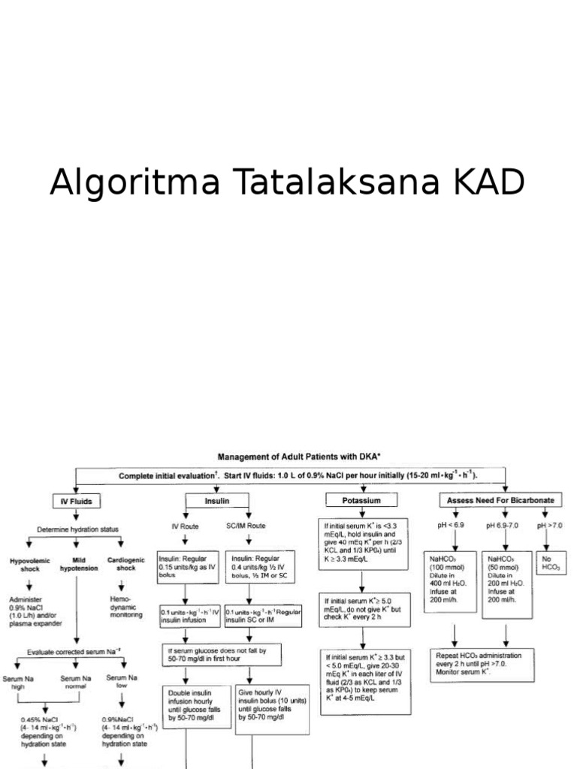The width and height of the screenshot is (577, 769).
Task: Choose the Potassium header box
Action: pyautogui.click(x=363, y=500)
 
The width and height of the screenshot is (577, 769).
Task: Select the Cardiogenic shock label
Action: pyautogui.click(x=122, y=565)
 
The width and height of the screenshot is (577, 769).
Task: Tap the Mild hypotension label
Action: pyautogui.click(x=76, y=565)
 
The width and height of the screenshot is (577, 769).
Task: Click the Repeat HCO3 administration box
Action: pyautogui.click(x=488, y=665)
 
